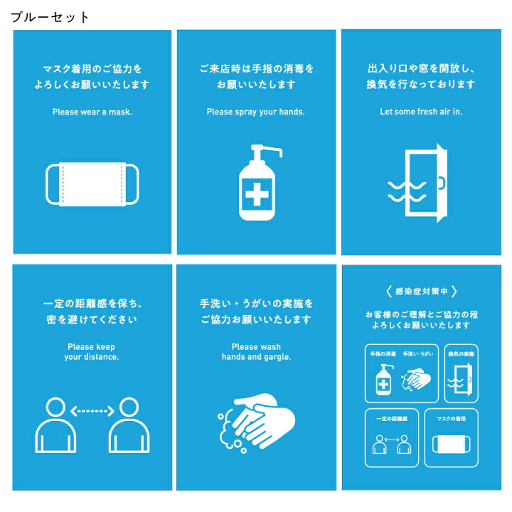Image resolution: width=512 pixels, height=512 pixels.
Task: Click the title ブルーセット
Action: [x=50, y=17]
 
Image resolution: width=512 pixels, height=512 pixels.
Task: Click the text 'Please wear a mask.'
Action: [x=92, y=112]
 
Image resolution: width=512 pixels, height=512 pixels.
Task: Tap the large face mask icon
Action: [x=92, y=184]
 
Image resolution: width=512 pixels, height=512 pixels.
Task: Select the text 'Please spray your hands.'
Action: [x=256, y=112]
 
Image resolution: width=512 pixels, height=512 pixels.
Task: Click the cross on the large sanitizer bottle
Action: [x=257, y=195]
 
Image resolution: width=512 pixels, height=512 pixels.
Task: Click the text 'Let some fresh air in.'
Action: [x=421, y=112]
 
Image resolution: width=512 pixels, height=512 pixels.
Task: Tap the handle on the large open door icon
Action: [x=442, y=183]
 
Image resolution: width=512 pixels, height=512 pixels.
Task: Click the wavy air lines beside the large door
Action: [x=407, y=192]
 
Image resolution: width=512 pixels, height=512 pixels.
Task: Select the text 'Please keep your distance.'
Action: [x=92, y=352]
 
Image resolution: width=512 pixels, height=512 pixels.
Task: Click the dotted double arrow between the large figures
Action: [x=92, y=411]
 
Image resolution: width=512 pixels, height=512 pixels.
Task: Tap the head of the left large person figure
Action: [x=55, y=407]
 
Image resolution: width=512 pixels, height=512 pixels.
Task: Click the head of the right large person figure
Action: [x=129, y=407]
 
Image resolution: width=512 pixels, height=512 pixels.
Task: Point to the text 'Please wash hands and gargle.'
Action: [x=256, y=352]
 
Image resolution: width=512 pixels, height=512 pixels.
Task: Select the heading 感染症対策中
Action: [x=421, y=292]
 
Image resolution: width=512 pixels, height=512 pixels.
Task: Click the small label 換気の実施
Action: [x=461, y=354]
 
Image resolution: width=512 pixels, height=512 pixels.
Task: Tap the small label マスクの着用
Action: [x=452, y=419]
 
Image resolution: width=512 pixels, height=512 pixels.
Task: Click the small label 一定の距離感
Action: [x=392, y=419]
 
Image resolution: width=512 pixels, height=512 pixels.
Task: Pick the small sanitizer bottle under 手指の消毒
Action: [x=384, y=380]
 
